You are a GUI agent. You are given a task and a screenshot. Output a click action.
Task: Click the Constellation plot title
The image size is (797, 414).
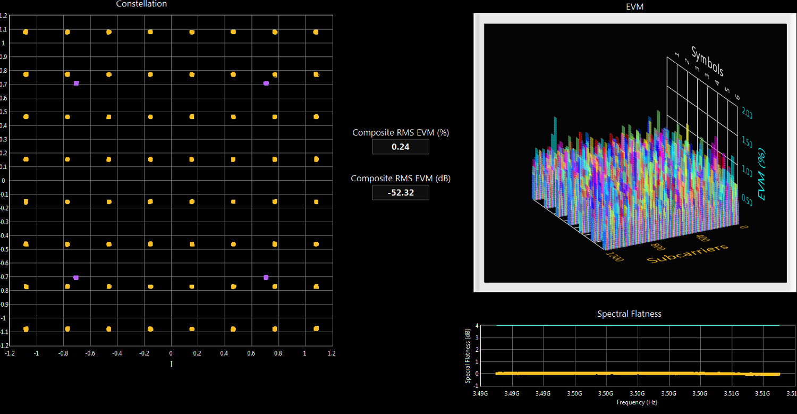point(141,4)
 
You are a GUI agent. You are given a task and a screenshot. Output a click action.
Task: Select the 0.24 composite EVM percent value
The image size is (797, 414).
point(400,147)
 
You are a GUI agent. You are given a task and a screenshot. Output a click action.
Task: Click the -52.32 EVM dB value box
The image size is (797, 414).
point(400,192)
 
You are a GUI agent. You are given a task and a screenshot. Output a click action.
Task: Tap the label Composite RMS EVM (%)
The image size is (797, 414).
point(401,133)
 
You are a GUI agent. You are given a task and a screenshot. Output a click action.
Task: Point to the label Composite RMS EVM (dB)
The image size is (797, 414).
point(401,179)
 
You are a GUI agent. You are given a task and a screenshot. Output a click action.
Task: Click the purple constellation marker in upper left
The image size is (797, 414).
point(77,83)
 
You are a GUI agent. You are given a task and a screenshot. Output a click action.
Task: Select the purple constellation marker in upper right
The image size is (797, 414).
point(266,83)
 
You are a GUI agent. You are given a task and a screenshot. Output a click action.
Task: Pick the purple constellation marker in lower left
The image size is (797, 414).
point(76,277)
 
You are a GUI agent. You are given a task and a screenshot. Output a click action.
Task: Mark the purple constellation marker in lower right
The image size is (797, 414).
point(266,277)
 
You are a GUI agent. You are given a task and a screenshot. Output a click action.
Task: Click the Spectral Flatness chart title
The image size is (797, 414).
point(629,314)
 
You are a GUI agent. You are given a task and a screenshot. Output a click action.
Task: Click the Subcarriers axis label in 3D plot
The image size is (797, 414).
point(687,253)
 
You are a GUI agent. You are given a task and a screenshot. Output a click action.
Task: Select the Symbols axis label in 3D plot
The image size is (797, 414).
point(707,61)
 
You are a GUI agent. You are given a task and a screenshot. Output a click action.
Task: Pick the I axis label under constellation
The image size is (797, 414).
point(171,364)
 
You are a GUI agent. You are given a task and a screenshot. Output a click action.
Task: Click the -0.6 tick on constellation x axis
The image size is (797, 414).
point(90,353)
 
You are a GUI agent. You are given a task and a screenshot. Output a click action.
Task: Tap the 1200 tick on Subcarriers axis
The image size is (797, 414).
point(615,257)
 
